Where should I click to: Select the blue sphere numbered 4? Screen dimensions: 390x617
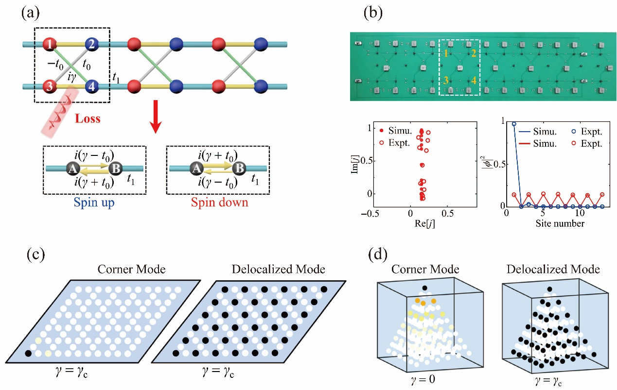91,87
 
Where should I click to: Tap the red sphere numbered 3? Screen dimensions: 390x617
50,87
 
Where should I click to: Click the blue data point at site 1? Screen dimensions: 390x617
514,124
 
